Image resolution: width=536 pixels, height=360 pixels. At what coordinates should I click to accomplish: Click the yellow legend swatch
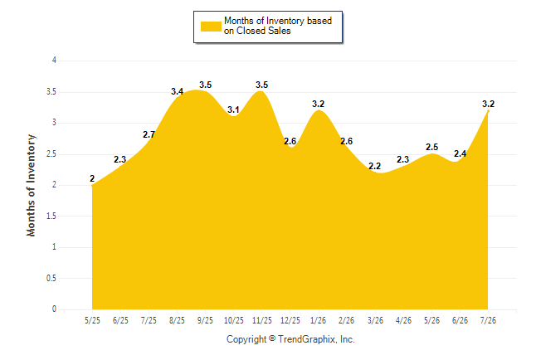211,27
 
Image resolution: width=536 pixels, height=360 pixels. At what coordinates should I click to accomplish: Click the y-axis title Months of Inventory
31,185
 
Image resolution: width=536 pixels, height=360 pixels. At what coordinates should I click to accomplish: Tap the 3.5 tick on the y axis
51,92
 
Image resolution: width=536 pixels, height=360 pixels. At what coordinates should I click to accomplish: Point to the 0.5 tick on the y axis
51,278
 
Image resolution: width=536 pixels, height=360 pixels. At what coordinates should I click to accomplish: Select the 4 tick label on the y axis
54,61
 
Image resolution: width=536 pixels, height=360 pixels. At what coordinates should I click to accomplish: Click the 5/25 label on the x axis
92,320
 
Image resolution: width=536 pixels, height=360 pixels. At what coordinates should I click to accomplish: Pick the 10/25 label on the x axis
234,320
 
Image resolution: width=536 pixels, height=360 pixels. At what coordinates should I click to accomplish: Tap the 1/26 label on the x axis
319,320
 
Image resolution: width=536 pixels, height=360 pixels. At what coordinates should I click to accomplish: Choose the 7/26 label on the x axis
488,320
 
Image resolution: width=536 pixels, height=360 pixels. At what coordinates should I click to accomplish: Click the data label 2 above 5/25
92,178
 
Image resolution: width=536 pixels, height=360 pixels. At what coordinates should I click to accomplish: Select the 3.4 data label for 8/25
177,91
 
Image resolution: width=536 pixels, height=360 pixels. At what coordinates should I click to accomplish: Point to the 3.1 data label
233,109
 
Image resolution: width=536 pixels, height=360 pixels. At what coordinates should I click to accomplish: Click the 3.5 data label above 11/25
262,85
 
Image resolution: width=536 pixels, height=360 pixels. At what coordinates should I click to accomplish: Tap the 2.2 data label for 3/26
375,166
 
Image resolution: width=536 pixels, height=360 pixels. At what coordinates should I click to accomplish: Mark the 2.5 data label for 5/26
431,147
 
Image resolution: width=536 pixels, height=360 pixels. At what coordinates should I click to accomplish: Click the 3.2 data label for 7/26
488,104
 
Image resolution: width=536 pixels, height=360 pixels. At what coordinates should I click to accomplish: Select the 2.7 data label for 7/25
149,134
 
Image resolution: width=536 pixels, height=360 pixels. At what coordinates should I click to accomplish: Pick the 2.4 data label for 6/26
460,153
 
